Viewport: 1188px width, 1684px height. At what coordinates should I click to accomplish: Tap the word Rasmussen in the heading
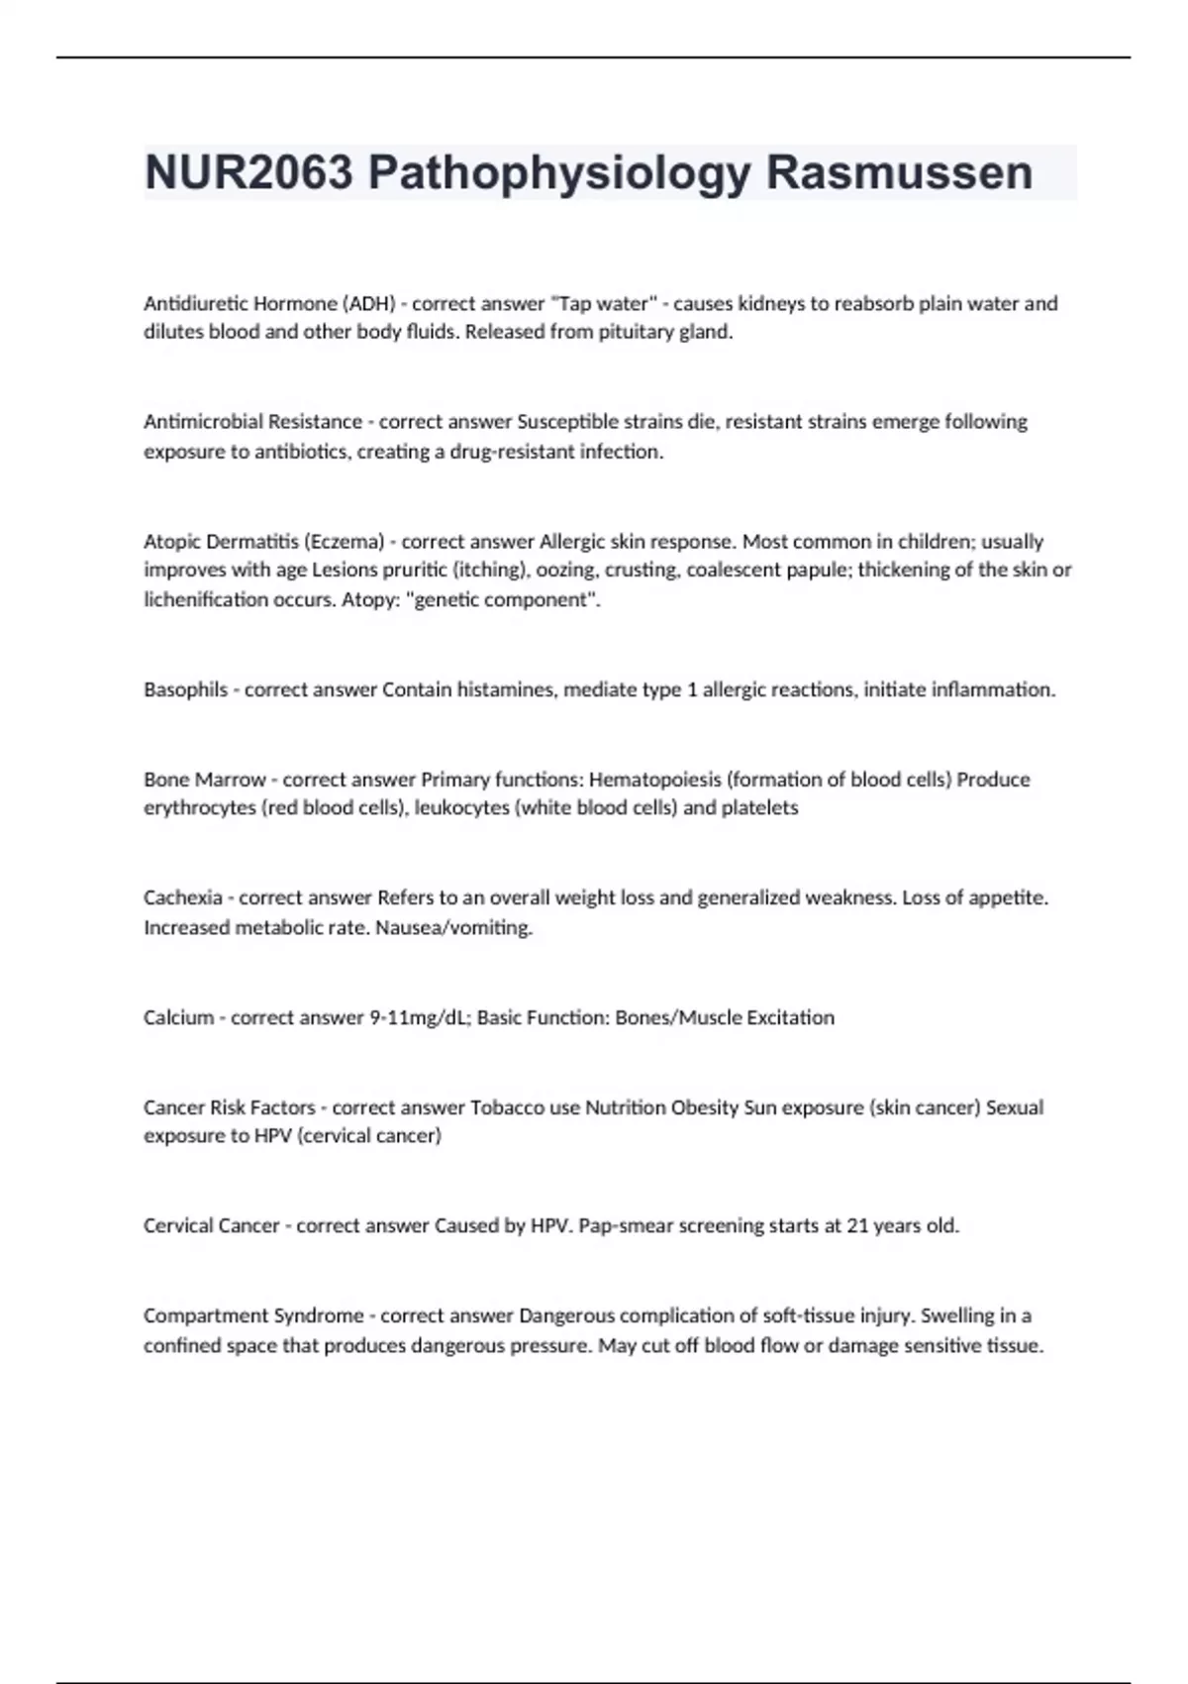[899, 173]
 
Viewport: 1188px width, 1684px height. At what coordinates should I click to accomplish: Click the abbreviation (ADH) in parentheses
[368, 303]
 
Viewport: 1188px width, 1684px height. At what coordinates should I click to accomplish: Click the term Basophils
[185, 689]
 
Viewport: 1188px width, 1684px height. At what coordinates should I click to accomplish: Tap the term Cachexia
[182, 897]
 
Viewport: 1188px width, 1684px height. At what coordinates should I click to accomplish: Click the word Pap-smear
[620, 1225]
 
